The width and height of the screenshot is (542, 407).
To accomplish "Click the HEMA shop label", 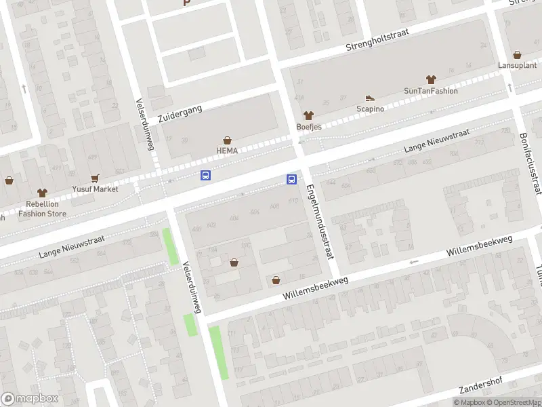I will tap(227, 151).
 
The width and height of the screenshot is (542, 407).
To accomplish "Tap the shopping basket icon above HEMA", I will tap(227, 140).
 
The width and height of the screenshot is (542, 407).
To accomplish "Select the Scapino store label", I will tap(370, 109).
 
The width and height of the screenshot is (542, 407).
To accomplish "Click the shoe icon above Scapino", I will tap(370, 98).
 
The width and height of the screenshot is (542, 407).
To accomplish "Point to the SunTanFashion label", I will tap(430, 91).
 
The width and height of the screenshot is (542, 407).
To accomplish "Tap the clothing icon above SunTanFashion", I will tap(430, 80).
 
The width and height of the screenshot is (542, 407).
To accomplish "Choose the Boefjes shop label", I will tap(309, 127).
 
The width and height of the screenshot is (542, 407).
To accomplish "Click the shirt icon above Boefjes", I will tap(309, 116).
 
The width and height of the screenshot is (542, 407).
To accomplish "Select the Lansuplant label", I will tap(517, 66).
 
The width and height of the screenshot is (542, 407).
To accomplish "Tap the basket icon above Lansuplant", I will tap(517, 55).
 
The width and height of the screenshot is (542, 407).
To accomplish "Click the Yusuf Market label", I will tap(95, 189).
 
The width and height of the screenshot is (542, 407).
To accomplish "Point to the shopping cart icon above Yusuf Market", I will tap(95, 178).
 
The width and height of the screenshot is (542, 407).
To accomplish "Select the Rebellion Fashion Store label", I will tap(42, 208).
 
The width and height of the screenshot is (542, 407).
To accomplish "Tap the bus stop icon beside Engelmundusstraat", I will tap(292, 180).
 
